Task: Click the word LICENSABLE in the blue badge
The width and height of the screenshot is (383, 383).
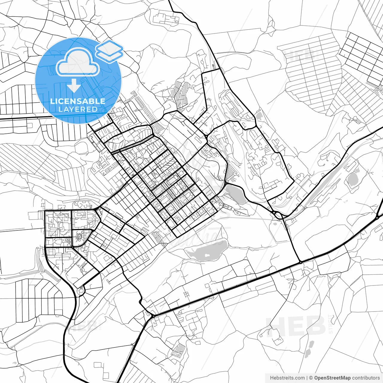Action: click(x=77, y=101)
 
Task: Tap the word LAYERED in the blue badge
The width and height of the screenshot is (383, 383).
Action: click(x=78, y=110)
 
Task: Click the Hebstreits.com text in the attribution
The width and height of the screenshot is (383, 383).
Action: click(x=287, y=378)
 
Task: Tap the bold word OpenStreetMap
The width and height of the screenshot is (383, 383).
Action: click(x=332, y=378)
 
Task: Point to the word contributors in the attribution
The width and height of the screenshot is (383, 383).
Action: click(x=366, y=378)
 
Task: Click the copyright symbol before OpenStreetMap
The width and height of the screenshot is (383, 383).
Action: click(x=311, y=378)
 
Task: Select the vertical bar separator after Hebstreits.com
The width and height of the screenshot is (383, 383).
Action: click(x=307, y=378)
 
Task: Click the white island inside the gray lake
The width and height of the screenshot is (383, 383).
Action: click(x=206, y=256)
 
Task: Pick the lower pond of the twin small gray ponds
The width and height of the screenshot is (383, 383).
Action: click(x=307, y=353)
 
